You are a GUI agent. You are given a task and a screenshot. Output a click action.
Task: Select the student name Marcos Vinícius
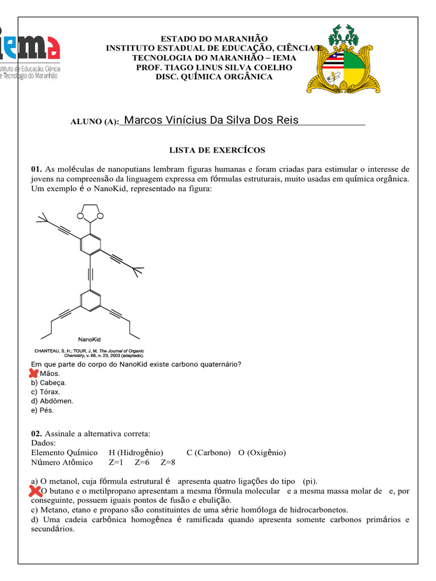(x=211, y=120)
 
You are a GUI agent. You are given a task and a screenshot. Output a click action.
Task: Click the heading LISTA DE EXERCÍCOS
(x=217, y=150)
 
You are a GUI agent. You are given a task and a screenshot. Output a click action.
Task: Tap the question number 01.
(x=36, y=169)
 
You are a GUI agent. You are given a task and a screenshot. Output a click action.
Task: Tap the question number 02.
(x=36, y=434)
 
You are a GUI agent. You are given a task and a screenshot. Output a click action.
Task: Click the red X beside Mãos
(x=33, y=373)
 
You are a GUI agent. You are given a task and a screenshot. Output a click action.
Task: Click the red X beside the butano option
(x=35, y=491)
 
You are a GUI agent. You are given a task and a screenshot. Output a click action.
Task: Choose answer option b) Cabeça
(x=49, y=382)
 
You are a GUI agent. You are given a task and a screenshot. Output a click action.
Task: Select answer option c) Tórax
(x=46, y=391)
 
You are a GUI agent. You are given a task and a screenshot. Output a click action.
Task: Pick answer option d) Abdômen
(x=52, y=401)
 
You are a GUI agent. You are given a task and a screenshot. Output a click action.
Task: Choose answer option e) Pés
(x=43, y=410)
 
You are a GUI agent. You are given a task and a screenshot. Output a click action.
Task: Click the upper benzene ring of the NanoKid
(x=90, y=243)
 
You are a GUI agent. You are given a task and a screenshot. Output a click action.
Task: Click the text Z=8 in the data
(x=169, y=462)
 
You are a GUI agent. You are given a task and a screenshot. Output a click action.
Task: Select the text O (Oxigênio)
(x=262, y=452)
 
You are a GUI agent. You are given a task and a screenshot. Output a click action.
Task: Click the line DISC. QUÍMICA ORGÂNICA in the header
(x=214, y=77)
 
